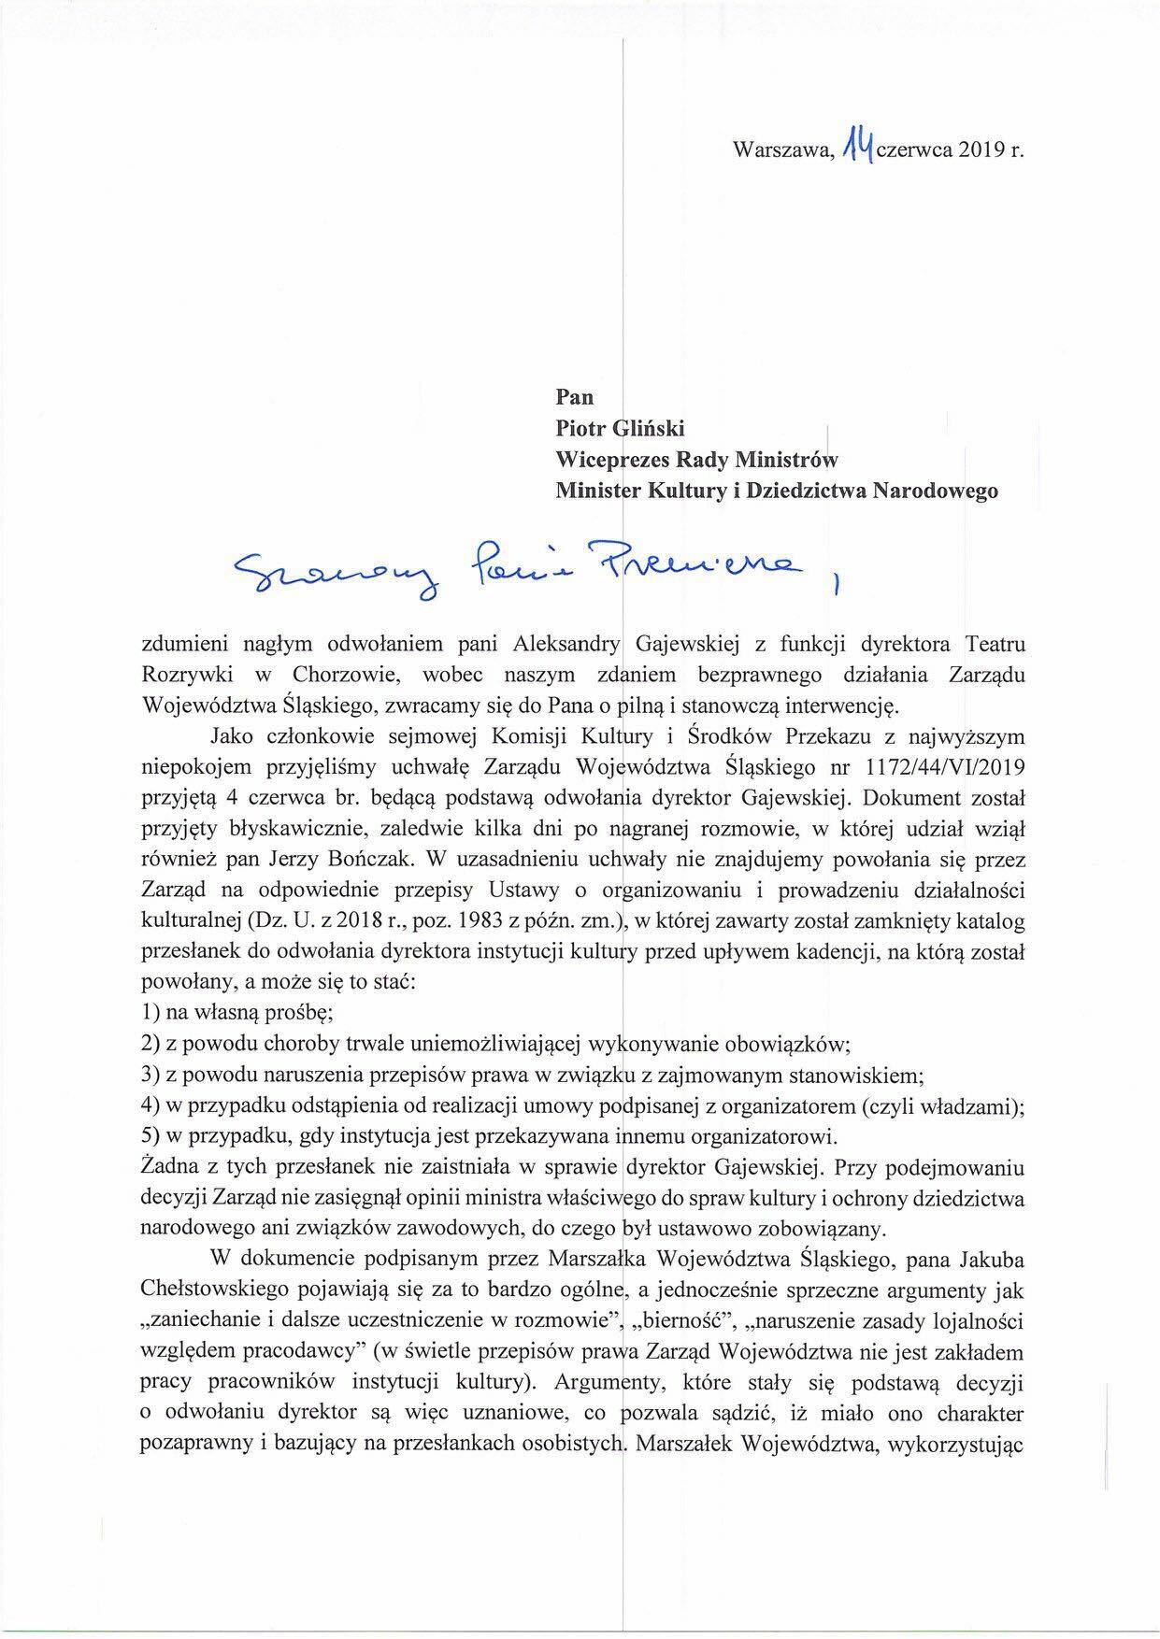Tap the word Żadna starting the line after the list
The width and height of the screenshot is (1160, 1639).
(167, 1167)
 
